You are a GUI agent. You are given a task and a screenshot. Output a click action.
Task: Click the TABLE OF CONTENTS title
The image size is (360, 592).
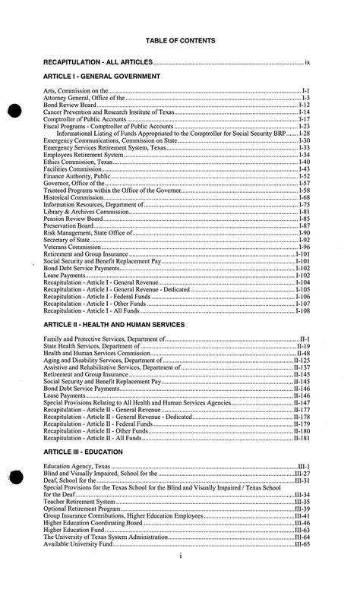[181, 40]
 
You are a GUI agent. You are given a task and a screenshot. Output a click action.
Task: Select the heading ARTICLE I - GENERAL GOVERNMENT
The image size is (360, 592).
[102, 77]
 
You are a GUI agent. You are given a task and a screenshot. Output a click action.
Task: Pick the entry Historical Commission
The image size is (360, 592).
[74, 197]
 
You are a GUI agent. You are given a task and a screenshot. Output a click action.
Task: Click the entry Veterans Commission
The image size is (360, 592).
[72, 247]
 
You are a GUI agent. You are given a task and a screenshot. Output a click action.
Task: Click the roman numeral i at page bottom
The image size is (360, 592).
[180, 578]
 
